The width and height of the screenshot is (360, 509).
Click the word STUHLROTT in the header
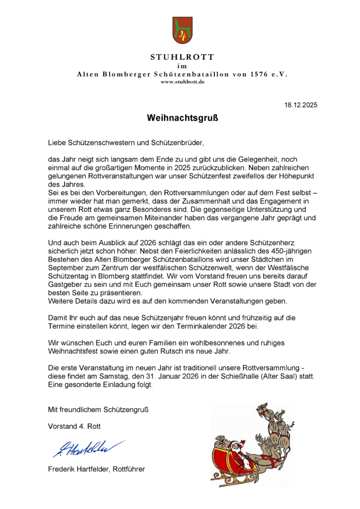[182, 58]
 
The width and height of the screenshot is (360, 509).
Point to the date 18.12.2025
[301, 105]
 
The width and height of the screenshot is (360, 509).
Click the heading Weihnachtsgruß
[182, 119]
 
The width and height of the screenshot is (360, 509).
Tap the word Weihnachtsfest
[80, 352]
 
